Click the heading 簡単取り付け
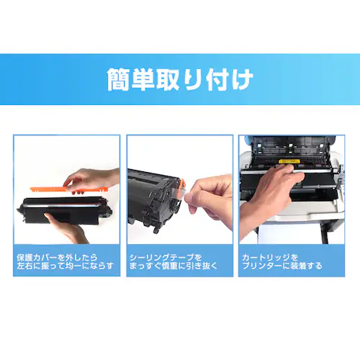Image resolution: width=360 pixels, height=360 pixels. coord(180,79)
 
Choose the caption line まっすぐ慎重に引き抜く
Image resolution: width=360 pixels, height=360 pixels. coord(177,266)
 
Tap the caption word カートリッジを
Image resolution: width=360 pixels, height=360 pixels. coord(271,256)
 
